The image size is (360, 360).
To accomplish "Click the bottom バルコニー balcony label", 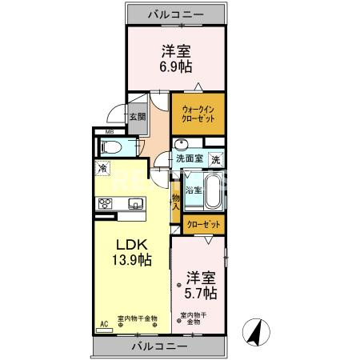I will click(x=159, y=346).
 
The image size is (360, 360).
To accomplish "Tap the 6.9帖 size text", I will click(x=175, y=67).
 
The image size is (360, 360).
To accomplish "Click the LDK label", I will click(x=129, y=242).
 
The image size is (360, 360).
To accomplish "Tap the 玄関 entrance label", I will click(x=138, y=116).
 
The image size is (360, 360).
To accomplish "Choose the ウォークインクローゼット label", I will click(x=198, y=114).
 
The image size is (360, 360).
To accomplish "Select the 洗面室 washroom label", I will click(x=189, y=158).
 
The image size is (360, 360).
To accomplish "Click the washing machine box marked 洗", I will click(x=215, y=159).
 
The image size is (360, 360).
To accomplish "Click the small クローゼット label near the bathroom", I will click(x=204, y=225).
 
